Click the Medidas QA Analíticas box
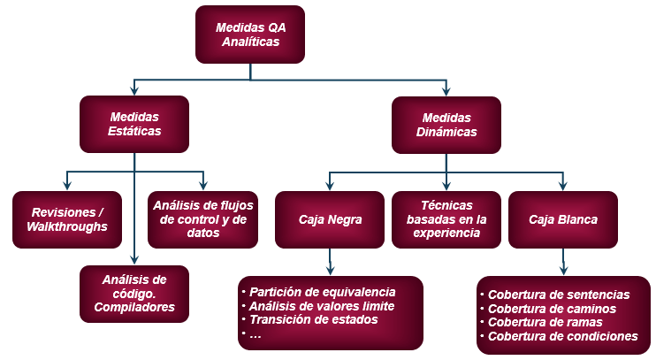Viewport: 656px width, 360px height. coord(250,34)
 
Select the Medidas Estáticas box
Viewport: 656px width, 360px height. coord(134,125)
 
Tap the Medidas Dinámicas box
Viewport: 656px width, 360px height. coord(446,125)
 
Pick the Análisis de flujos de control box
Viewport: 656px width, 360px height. coord(204,219)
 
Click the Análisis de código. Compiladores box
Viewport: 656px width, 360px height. coord(134,294)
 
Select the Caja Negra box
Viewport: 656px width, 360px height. coord(330,219)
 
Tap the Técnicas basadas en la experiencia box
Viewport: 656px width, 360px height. coord(446,219)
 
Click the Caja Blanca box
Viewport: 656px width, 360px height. coord(563,219)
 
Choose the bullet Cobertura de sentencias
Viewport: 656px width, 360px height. coord(559,295)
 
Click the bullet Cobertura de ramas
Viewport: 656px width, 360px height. coord(546,322)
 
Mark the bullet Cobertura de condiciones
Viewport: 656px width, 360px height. coord(562,336)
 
